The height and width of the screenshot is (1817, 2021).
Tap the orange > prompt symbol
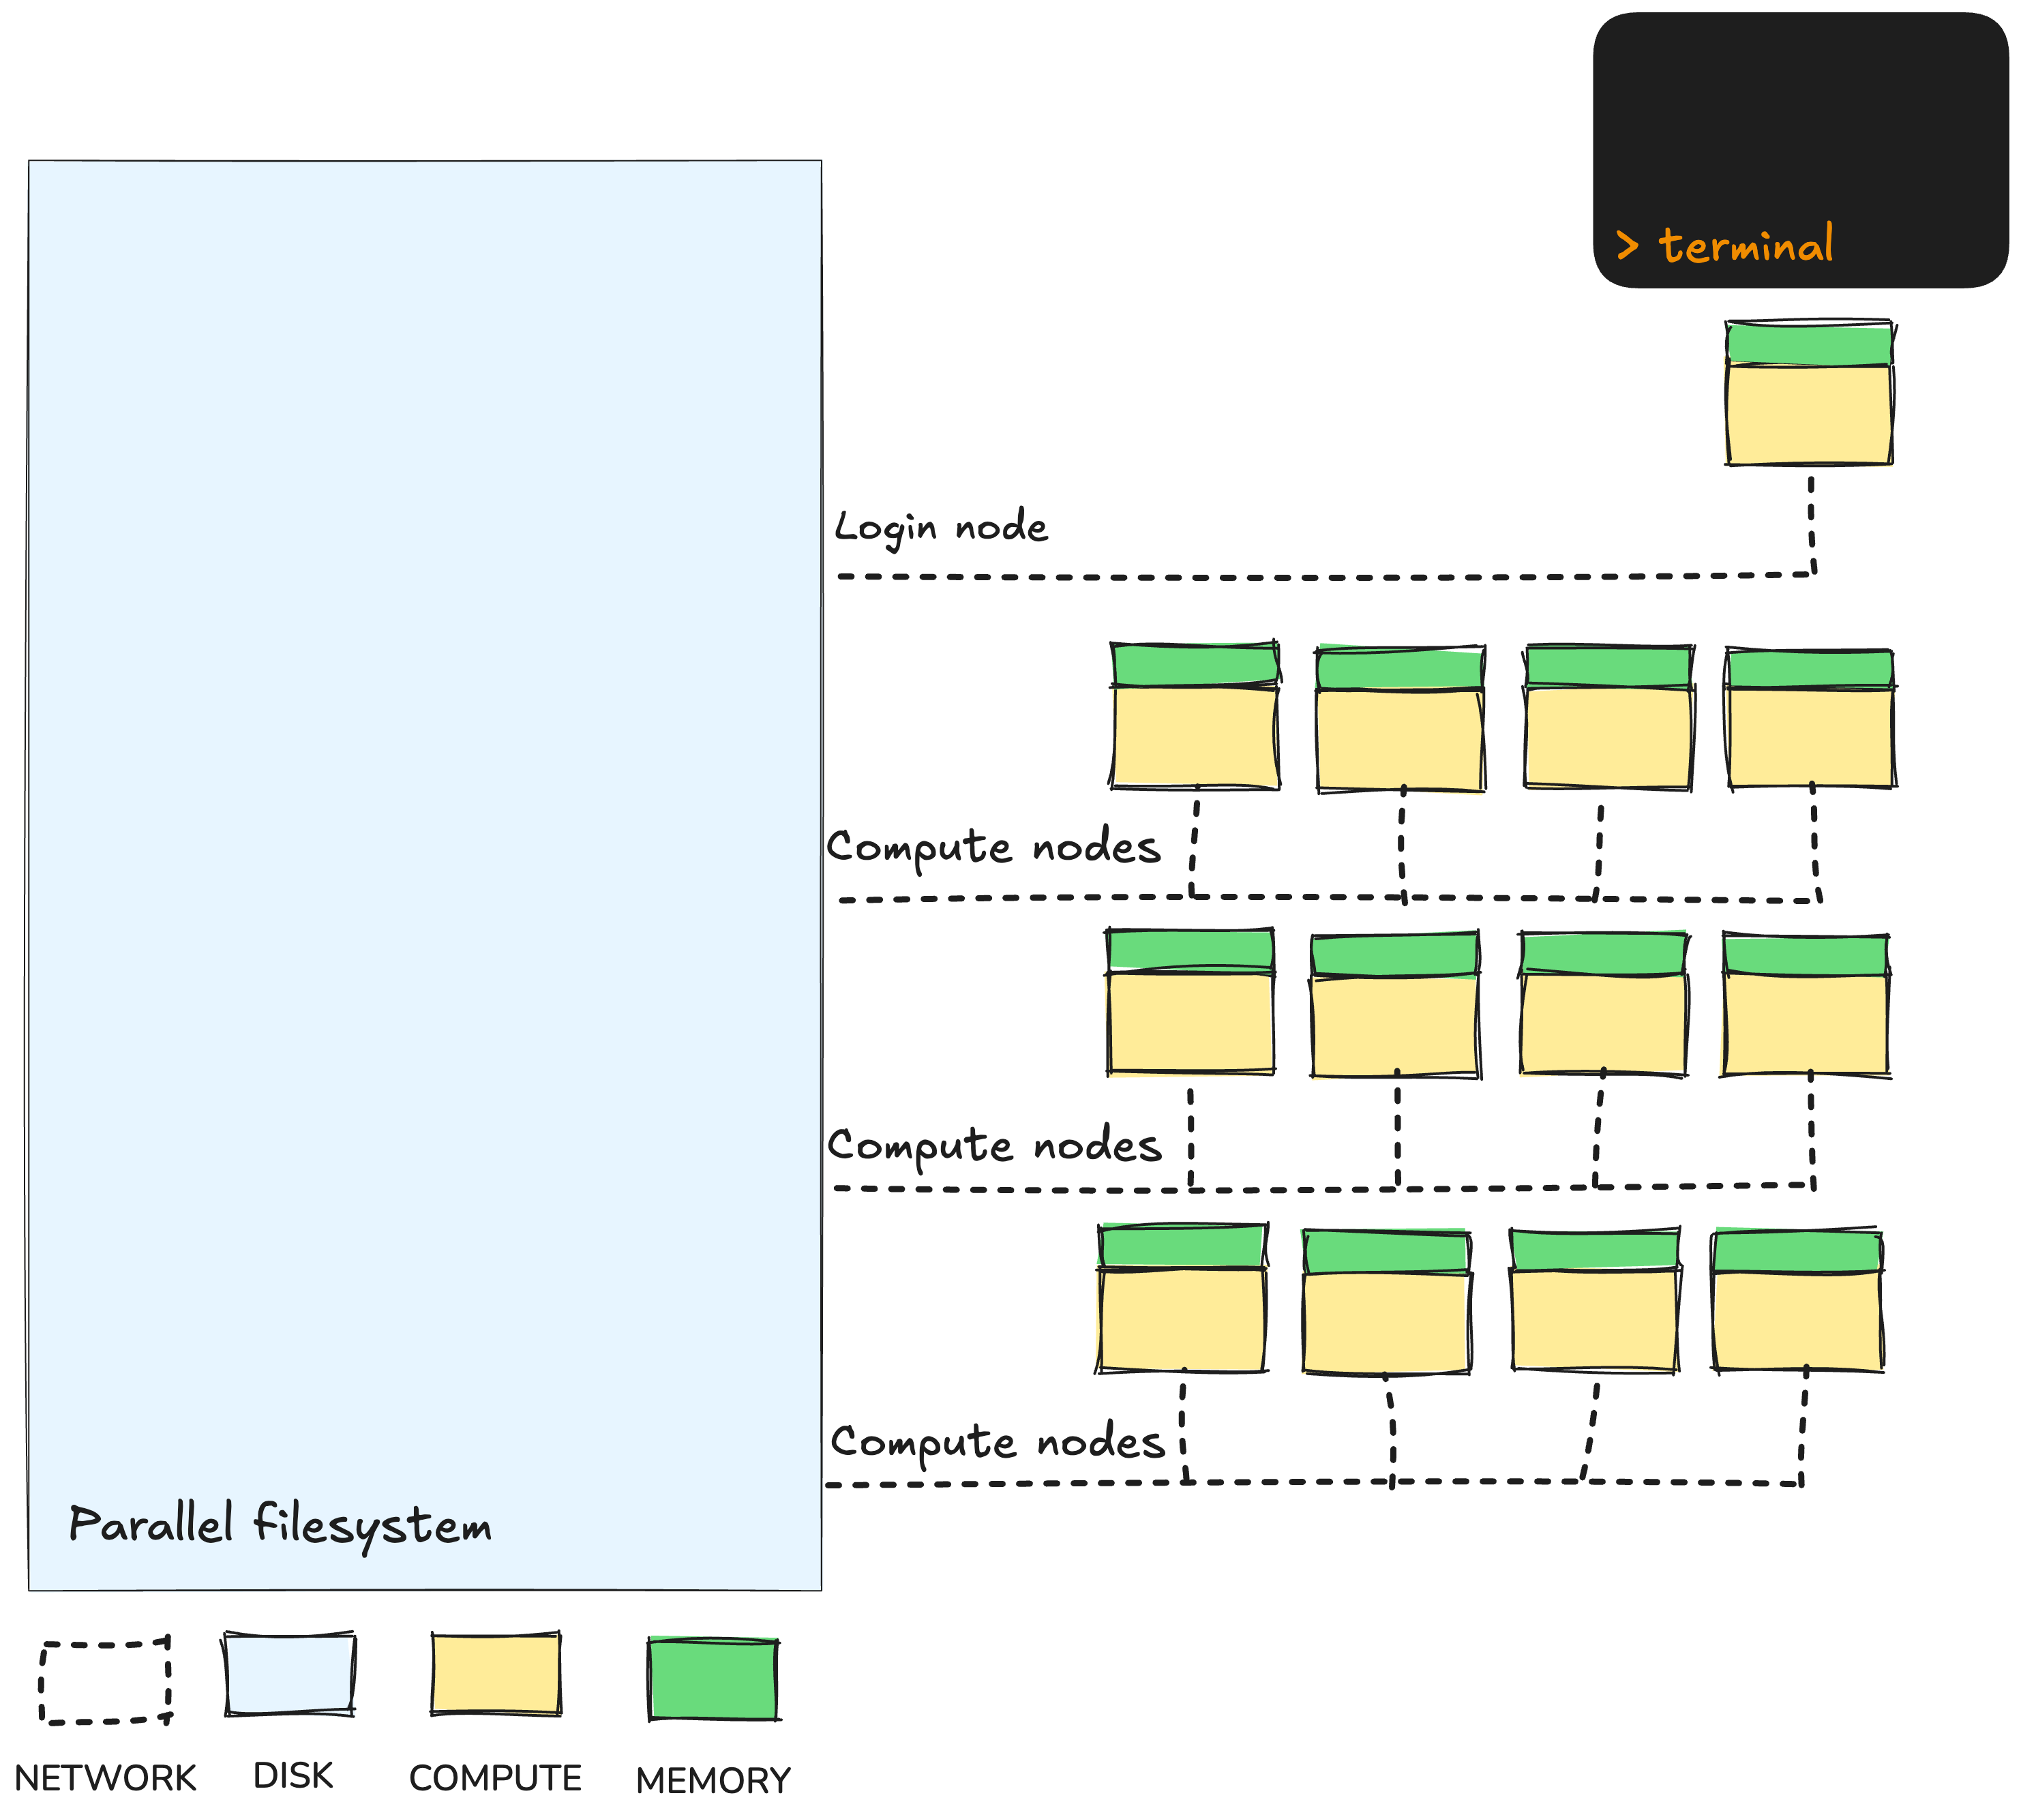1628,245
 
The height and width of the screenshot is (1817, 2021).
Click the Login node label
940,527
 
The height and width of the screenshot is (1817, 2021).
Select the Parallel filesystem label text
281,1525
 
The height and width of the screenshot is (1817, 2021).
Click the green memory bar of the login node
1810,344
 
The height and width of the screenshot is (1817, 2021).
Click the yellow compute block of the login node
1810,415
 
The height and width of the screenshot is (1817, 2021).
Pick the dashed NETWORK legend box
105,1682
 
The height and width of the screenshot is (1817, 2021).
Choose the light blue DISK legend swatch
290,1675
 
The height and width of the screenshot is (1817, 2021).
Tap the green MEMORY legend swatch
713,1679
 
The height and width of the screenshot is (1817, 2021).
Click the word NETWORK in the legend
105,1778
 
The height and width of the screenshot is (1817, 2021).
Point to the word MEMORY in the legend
713,1780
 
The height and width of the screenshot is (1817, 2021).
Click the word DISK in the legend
293,1775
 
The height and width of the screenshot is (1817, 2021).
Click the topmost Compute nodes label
993,847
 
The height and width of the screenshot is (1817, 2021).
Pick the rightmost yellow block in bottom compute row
1797,1320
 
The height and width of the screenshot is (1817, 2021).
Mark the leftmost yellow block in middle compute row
1191,1022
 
